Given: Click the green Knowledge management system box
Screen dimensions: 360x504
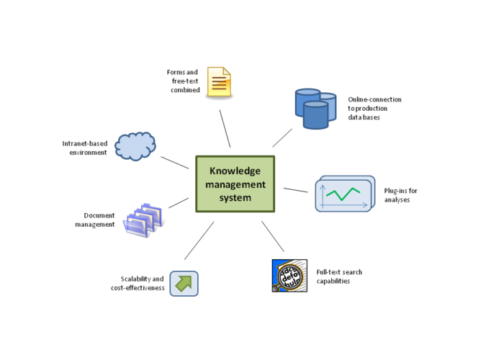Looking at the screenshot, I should tap(235, 184).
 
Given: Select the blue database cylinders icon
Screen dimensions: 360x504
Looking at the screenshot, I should tap(315, 108).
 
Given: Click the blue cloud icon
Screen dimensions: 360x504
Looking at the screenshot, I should tap(135, 146).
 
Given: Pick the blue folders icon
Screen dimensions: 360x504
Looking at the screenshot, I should tap(143, 219).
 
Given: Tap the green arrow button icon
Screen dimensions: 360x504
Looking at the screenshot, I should tap(184, 283).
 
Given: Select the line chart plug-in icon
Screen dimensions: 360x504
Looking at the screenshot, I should tap(345, 194).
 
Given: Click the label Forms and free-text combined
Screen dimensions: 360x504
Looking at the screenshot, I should tap(182, 81).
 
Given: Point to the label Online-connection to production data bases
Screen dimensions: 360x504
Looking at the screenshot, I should tap(374, 108).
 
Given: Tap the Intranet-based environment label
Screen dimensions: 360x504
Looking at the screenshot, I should tap(85, 148).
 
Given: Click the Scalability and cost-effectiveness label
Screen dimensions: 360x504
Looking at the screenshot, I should tap(143, 283).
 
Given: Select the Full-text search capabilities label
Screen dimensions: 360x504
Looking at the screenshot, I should tap(339, 276).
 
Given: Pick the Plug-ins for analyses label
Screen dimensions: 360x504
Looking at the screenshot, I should tap(397, 195).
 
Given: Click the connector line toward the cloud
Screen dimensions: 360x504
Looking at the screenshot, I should tap(175, 163).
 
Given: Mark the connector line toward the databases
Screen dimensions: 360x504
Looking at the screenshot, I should tap(282, 138).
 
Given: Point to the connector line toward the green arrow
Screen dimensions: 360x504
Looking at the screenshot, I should tap(199, 240).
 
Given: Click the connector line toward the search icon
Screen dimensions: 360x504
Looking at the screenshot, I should tap(273, 236).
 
